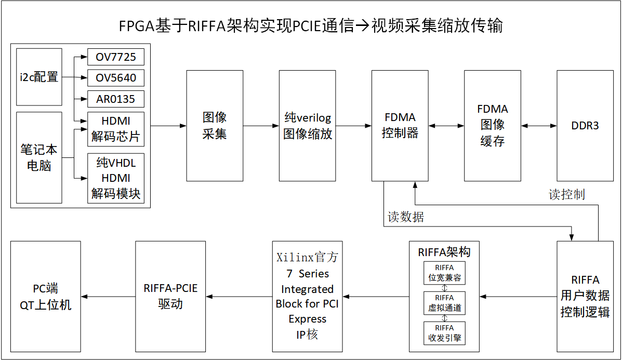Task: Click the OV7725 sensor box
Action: click(x=115, y=57)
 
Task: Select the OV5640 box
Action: click(x=115, y=78)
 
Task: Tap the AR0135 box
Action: click(x=115, y=99)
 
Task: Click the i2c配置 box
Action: click(x=39, y=77)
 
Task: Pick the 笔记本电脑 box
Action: click(x=39, y=157)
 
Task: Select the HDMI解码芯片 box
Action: click(x=115, y=129)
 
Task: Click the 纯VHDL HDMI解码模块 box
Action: click(x=115, y=178)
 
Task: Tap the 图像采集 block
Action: click(x=215, y=126)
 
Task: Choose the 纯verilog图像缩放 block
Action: click(x=307, y=126)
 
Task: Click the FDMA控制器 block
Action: click(x=400, y=126)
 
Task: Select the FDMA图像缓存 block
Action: click(x=492, y=126)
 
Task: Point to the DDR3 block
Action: click(x=585, y=126)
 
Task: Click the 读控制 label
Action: click(x=566, y=195)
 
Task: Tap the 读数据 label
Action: click(x=406, y=217)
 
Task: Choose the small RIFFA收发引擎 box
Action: click(x=444, y=333)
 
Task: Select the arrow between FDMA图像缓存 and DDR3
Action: click(x=539, y=126)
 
